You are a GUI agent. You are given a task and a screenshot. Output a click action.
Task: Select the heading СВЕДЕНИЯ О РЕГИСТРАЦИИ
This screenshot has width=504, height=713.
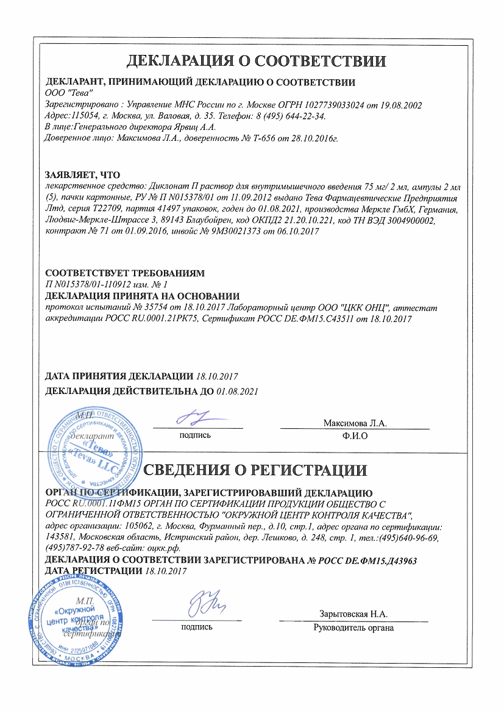coord(255,470)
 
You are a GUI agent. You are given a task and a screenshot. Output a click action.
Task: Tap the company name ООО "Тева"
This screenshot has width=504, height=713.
coord(69,93)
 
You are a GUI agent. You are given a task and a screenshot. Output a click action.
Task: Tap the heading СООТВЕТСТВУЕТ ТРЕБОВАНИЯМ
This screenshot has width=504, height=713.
coord(125,273)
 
